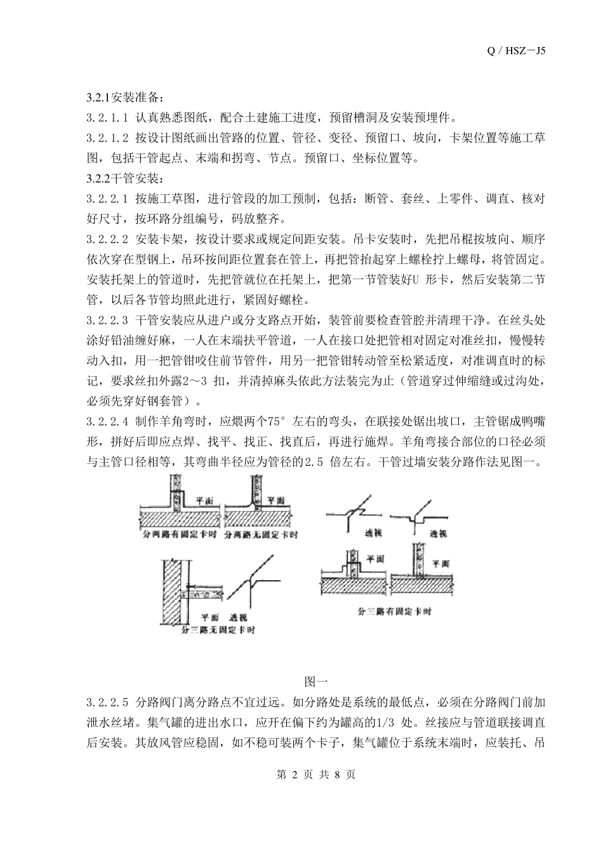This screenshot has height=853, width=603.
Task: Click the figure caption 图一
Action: (x=315, y=682)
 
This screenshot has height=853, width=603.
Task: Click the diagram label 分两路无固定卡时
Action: (x=262, y=535)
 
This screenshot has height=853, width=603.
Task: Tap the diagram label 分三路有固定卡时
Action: (x=394, y=612)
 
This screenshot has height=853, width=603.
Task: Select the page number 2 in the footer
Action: (x=293, y=776)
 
